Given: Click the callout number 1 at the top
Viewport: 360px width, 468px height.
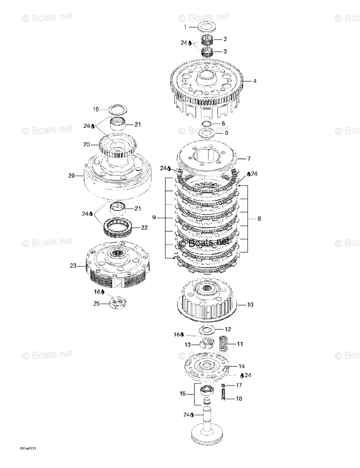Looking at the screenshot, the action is pos(186,27).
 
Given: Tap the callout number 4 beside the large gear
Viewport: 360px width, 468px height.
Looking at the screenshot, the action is pos(255,82).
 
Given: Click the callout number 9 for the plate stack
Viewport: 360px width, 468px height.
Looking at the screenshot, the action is pos(154,217).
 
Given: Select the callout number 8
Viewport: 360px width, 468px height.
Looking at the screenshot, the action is pos(259,219).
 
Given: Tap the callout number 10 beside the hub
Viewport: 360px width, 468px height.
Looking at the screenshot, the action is pos(250,304).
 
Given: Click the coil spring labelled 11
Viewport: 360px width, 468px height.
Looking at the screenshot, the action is pos(225,343).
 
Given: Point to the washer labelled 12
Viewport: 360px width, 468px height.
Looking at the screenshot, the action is pos(207,330).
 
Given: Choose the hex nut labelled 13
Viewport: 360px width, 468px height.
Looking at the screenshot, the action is pos(207,344).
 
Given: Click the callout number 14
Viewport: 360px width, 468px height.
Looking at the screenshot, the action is pos(242,366).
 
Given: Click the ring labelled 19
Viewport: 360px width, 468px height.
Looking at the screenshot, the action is pos(117,109).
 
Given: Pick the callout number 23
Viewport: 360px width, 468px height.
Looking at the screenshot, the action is pos(73,266).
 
